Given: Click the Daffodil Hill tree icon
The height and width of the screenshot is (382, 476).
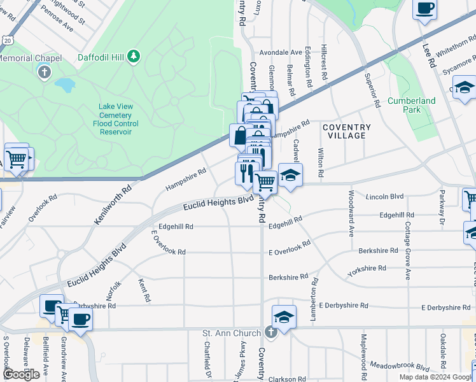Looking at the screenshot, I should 134,57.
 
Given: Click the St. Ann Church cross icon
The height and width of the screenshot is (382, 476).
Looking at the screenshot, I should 270,332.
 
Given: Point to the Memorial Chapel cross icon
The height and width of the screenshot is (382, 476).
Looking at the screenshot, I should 45,71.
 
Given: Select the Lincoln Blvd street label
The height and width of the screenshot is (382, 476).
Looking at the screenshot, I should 385,197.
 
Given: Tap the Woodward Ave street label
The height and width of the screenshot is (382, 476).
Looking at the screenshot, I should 351,213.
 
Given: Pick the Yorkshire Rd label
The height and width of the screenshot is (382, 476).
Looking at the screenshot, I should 367,271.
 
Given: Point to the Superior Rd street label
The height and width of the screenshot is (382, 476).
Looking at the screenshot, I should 372,88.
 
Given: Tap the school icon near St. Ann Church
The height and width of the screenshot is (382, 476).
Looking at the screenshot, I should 284,316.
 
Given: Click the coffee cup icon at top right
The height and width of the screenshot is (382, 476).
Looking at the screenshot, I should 425,9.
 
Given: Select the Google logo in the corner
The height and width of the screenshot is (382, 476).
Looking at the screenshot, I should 21,374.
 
